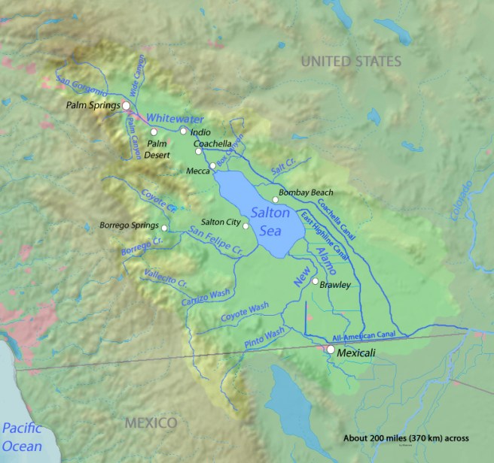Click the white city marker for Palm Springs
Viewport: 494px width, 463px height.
click(x=127, y=106)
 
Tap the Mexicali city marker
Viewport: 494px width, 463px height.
click(x=330, y=350)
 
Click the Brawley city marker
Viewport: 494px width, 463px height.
click(x=315, y=281)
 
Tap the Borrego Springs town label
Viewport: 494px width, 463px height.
click(x=129, y=225)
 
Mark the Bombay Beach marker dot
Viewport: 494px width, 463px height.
click(x=276, y=200)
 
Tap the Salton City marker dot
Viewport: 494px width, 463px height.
click(x=245, y=225)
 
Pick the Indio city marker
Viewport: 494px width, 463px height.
click(x=182, y=131)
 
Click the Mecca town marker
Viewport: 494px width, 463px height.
click(x=213, y=165)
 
